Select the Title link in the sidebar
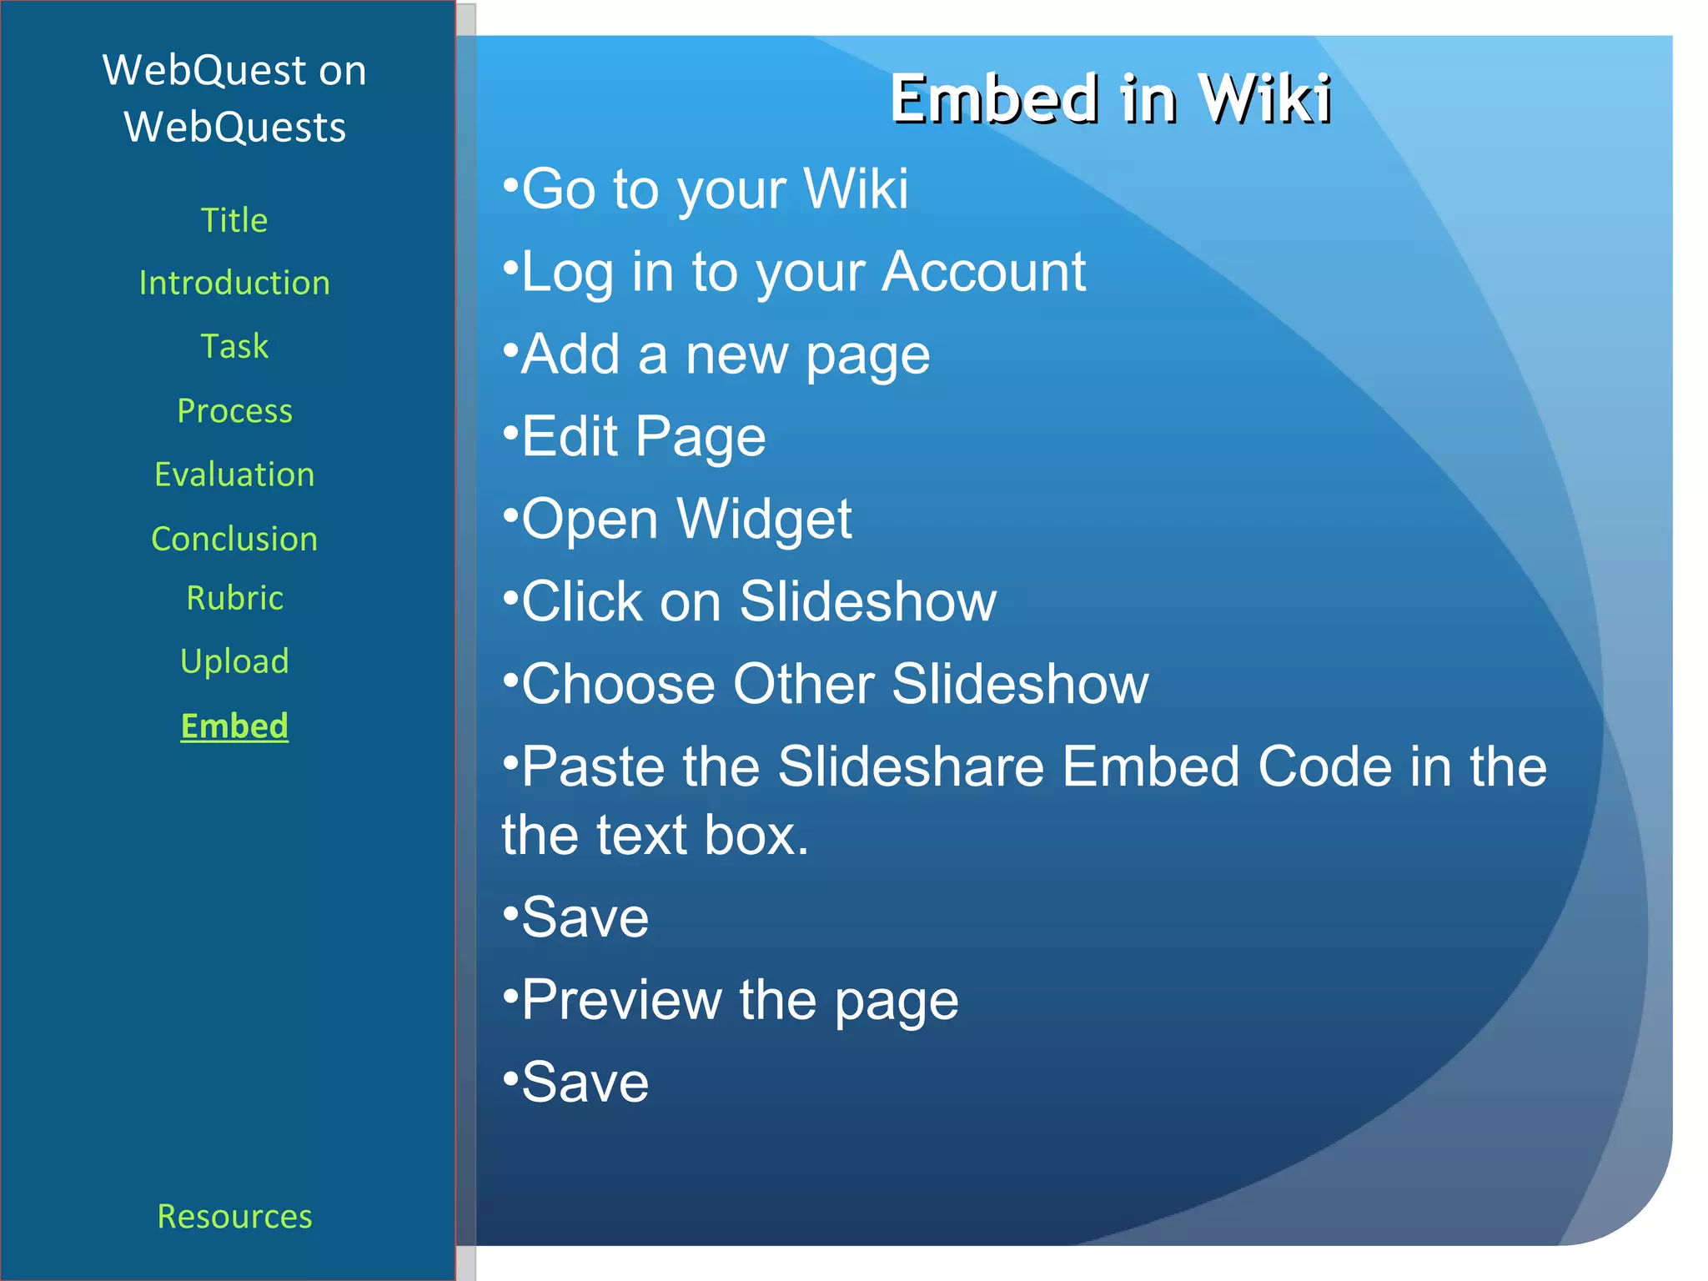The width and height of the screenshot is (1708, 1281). coord(234,220)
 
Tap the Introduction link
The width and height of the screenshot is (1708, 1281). coord(234,284)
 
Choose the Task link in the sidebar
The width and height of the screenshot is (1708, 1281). coord(234,346)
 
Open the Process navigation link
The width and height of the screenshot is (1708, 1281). coord(234,410)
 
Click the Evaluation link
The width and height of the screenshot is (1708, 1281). coord(234,475)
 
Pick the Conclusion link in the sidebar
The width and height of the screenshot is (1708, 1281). coord(234,539)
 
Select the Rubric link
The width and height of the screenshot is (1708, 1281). coord(234,598)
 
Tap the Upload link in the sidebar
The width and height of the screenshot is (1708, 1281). coord(234,661)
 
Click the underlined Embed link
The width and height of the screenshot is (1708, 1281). coord(234,726)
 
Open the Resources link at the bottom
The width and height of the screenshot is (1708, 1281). coord(234,1216)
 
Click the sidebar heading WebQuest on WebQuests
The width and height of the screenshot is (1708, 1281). coord(234,98)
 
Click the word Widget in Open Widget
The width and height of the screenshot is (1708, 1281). coord(764,519)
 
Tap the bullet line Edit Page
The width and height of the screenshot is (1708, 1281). coord(642,436)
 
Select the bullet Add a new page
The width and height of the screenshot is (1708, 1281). coord(725,354)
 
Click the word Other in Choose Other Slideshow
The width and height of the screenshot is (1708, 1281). coord(803,684)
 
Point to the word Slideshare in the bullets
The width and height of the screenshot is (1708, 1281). coord(911,766)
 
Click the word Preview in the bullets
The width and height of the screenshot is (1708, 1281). coord(621,999)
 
